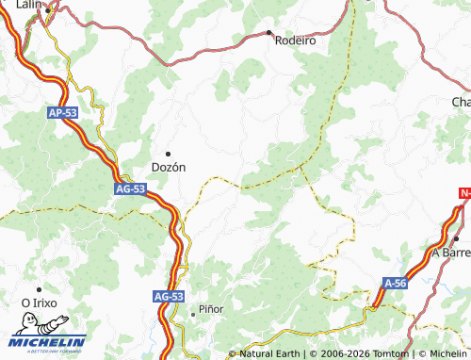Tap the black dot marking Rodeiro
[x=271, y=32]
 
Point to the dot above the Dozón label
[x=169, y=153]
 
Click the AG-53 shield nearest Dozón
[x=131, y=188]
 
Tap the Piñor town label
[x=211, y=311]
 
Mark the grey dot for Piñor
[x=193, y=312]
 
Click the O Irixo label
[x=40, y=303]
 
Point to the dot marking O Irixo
[x=39, y=289]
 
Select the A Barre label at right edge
[x=450, y=253]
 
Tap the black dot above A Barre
[x=456, y=239]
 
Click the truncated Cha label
[x=460, y=101]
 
